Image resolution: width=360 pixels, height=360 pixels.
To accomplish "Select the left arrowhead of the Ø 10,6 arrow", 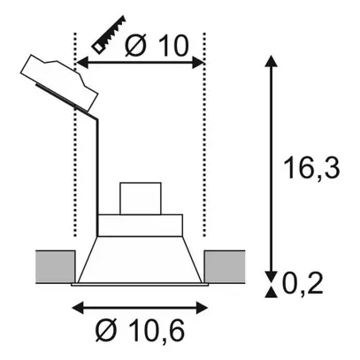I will click(74, 308).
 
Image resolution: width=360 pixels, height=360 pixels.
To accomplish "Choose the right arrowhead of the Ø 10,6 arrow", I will click(209, 308).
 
